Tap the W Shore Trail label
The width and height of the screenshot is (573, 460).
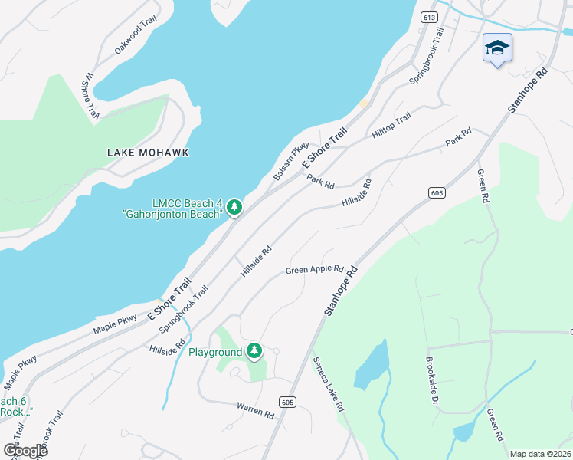(x=91, y=97)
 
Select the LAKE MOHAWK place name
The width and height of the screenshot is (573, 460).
(x=147, y=153)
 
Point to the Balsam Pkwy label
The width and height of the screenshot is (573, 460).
(x=291, y=161)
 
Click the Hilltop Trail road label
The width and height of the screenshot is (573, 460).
(x=391, y=125)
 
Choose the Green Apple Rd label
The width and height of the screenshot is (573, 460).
(x=314, y=270)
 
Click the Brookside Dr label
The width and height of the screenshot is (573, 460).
(x=431, y=379)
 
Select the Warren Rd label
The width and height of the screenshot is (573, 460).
(x=255, y=410)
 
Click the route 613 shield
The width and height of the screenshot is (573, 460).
(x=429, y=16)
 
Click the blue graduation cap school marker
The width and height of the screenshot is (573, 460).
(x=497, y=48)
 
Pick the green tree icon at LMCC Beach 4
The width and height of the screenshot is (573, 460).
(x=234, y=207)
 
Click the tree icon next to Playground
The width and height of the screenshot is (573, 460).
(x=254, y=352)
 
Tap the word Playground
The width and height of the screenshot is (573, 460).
(x=215, y=353)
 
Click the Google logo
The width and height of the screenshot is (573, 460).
(x=25, y=450)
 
